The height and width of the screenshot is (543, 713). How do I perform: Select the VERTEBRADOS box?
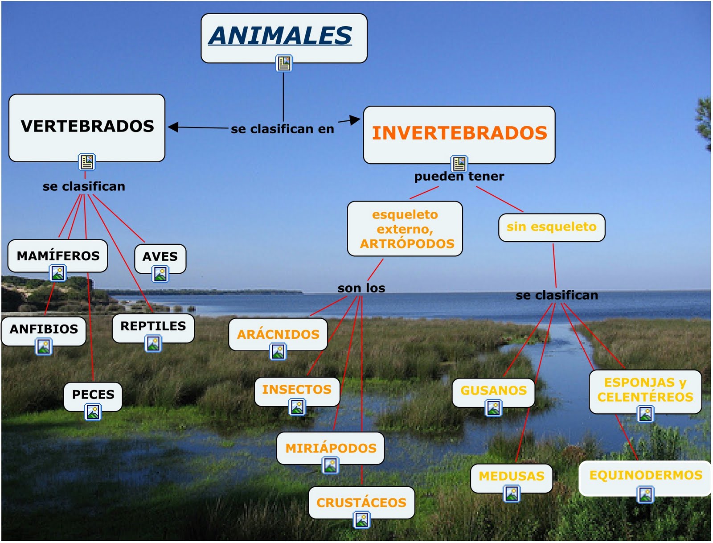click(87, 127)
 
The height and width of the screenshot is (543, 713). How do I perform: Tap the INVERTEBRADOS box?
click(459, 133)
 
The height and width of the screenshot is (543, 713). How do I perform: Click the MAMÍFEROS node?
click(58, 255)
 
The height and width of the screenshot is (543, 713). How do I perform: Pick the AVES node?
click(160, 257)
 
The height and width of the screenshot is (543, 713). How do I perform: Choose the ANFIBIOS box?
click(44, 329)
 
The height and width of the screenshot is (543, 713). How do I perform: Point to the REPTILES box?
click(153, 326)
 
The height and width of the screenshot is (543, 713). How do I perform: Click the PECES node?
click(93, 395)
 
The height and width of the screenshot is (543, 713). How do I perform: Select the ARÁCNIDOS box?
click(278, 334)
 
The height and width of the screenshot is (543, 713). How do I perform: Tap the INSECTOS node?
click(297, 390)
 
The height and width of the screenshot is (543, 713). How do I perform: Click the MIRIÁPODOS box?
click(331, 448)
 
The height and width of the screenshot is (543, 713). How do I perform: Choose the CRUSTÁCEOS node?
click(361, 502)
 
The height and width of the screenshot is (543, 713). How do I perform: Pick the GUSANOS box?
click(493, 391)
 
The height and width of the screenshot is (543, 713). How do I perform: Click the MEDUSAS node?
click(511, 476)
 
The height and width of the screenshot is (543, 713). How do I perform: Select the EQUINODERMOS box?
click(645, 475)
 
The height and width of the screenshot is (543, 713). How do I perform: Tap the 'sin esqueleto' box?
click(551, 227)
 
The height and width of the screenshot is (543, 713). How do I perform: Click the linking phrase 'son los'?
click(361, 288)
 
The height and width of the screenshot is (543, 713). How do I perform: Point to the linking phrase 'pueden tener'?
click(459, 177)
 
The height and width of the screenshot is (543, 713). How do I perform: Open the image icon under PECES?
click(93, 412)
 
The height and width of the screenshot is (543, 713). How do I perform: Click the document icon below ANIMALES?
click(284, 63)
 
